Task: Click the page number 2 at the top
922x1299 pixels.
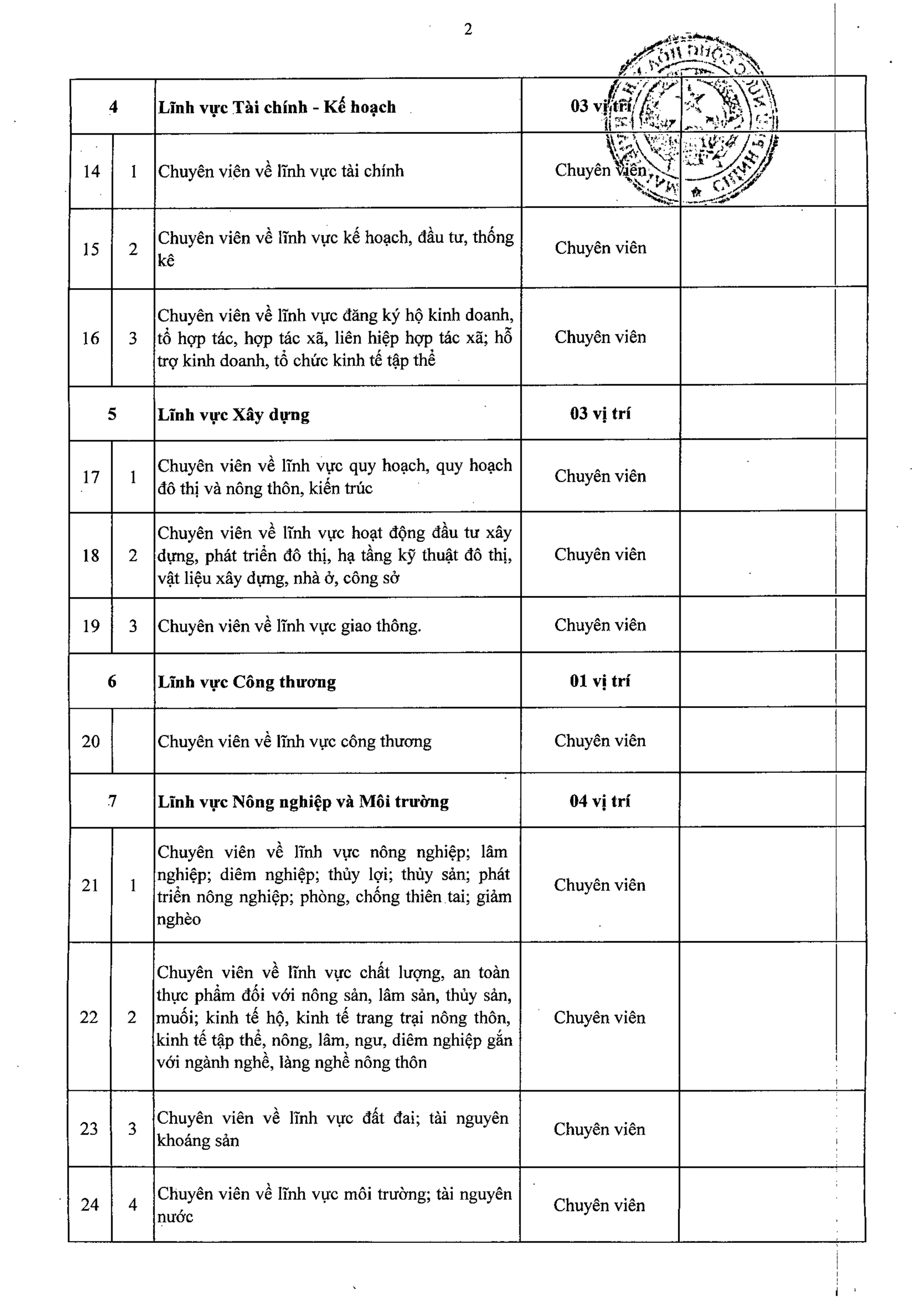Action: (x=468, y=30)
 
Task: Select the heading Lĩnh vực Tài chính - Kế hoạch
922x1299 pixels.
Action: (x=277, y=107)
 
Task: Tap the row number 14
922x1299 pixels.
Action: (x=91, y=171)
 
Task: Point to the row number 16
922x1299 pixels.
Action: (x=91, y=338)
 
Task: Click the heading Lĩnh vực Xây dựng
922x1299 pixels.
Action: (x=233, y=414)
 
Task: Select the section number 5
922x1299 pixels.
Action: (x=112, y=414)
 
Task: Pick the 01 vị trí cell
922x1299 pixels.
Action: (x=600, y=681)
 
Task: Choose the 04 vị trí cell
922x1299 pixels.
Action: (x=600, y=801)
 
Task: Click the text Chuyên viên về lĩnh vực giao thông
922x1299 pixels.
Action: (x=289, y=626)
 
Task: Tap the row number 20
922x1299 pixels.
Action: (x=91, y=741)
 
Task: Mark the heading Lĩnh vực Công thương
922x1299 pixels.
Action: (x=246, y=681)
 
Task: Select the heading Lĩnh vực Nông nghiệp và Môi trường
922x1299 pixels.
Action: (x=303, y=802)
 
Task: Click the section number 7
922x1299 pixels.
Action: (x=112, y=801)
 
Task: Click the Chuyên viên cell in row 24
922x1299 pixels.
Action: (x=599, y=1205)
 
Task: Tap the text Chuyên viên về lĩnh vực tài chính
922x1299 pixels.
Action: (x=280, y=171)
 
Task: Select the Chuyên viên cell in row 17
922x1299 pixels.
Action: (x=600, y=476)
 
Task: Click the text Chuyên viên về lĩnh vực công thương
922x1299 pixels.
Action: (x=294, y=741)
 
